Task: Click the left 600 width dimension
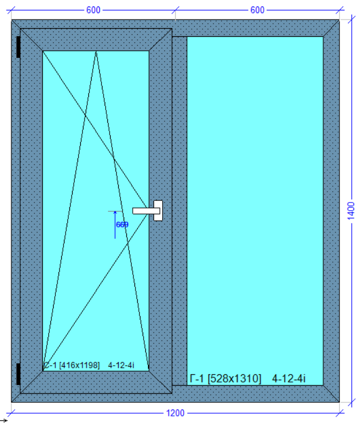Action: pos(93,10)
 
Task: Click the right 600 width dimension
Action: pos(257,10)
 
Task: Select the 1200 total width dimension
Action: pos(175,413)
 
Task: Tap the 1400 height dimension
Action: pos(351,211)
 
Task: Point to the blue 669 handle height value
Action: pos(122,224)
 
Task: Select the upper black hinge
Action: pos(18,47)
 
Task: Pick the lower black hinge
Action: pos(18,374)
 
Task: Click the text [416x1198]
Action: pos(79,365)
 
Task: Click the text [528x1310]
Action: pos(234,379)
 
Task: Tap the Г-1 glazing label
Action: pos(197,379)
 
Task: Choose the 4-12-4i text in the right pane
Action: pos(288,379)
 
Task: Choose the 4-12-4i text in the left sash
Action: pos(121,365)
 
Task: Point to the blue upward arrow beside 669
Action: pos(115,225)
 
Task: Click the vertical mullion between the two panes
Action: pos(179,211)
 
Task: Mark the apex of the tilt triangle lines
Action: pos(96,51)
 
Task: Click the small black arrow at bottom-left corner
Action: pos(4,420)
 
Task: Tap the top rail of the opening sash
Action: pos(96,40)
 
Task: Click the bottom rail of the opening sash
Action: pos(96,382)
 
